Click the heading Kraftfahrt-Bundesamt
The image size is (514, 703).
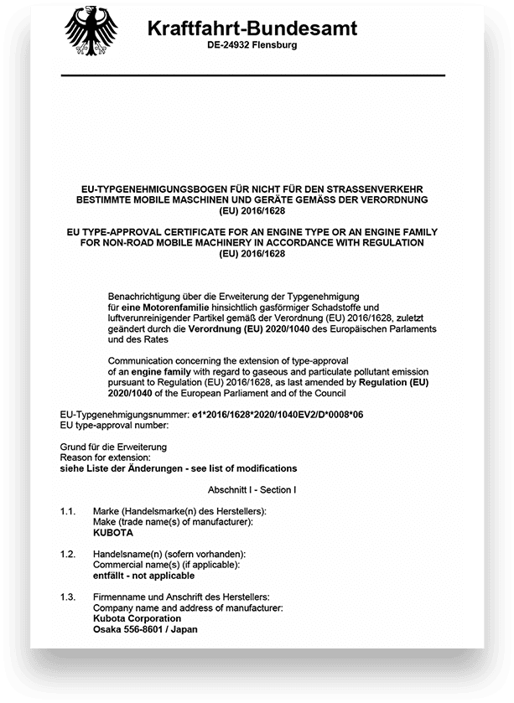click(x=252, y=28)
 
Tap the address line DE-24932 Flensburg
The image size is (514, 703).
click(x=252, y=45)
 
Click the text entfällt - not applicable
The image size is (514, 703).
click(x=143, y=576)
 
